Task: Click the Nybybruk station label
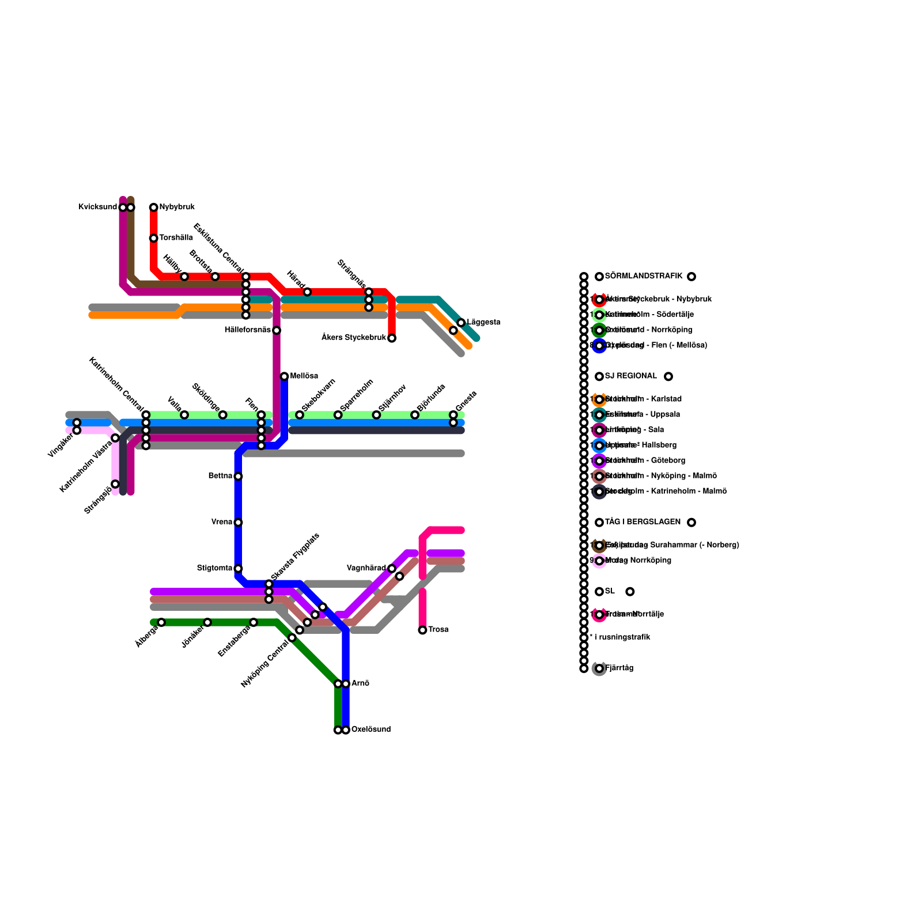click(177, 207)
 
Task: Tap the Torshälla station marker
click(153, 238)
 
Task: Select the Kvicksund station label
click(98, 207)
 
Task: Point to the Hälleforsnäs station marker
click(277, 330)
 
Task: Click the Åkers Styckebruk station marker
click(392, 338)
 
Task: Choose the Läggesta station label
click(483, 322)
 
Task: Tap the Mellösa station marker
click(284, 376)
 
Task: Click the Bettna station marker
click(238, 476)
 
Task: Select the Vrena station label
click(222, 522)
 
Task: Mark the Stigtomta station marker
click(238, 569)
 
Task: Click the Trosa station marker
click(422, 630)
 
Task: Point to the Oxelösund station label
click(371, 730)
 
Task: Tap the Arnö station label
click(360, 683)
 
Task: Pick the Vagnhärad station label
click(366, 568)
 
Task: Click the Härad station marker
click(307, 292)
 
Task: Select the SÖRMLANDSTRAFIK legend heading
click(644, 277)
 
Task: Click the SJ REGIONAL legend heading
click(631, 376)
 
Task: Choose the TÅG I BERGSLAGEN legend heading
click(643, 522)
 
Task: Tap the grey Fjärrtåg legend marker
click(599, 668)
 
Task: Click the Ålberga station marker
click(161, 622)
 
